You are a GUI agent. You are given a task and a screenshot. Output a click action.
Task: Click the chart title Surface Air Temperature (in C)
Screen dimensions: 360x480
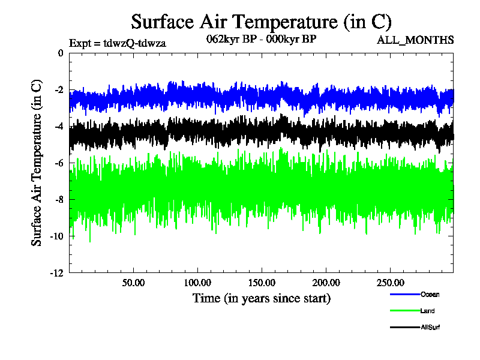click(262, 22)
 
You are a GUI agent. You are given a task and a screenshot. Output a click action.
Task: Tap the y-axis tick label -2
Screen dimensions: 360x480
click(59, 90)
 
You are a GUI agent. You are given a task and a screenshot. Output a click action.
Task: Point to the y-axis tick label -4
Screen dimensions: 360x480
click(59, 127)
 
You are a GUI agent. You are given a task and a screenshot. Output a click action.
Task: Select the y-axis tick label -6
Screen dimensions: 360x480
click(59, 163)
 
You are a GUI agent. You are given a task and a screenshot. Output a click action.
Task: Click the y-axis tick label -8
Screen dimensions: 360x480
click(59, 200)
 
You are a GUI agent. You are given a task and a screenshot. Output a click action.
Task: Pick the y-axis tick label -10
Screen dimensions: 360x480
click(57, 236)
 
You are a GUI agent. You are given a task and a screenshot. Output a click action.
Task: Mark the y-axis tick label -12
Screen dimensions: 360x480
click(57, 273)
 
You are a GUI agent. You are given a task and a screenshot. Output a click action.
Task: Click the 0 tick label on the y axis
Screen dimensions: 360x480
click(61, 53)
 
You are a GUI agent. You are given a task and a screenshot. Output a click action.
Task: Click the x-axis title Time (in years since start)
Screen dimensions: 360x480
click(262, 298)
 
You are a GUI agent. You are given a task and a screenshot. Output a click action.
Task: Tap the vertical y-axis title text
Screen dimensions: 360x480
click(37, 163)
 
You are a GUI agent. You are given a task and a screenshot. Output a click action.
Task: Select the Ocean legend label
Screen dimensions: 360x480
click(430, 294)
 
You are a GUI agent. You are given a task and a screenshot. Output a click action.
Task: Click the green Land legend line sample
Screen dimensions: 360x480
click(404, 311)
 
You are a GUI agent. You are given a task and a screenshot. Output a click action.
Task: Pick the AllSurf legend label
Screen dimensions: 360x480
click(431, 328)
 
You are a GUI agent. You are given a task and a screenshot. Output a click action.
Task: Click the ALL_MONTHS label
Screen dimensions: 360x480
click(415, 40)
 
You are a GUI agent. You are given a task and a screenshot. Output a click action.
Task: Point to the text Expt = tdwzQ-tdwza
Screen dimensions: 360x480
click(118, 43)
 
